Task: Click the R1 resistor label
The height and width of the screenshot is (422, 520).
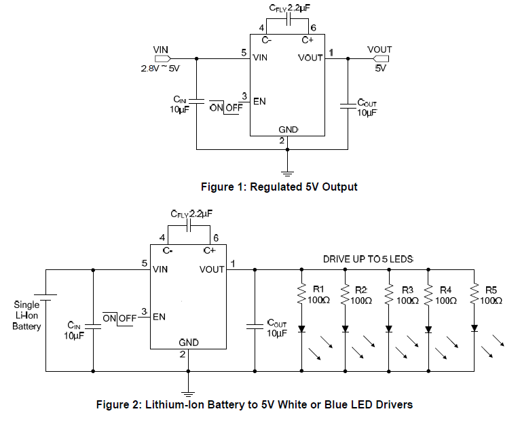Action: [318, 289]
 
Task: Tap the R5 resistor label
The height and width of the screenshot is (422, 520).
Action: [491, 289]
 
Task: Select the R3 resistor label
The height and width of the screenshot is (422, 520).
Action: [407, 289]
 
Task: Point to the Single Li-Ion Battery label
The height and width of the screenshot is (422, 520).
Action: [26, 315]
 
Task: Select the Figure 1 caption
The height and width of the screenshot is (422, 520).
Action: [278, 187]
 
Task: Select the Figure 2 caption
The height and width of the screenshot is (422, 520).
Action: [255, 405]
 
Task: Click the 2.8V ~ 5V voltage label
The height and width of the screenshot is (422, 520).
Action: [160, 69]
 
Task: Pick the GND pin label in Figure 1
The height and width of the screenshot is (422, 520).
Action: [289, 130]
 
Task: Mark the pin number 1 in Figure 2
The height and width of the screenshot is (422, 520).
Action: [233, 263]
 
